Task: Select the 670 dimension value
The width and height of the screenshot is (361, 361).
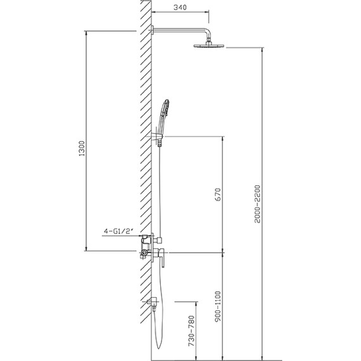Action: pos(217,194)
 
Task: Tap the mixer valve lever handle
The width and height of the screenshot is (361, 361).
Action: pos(161,256)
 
